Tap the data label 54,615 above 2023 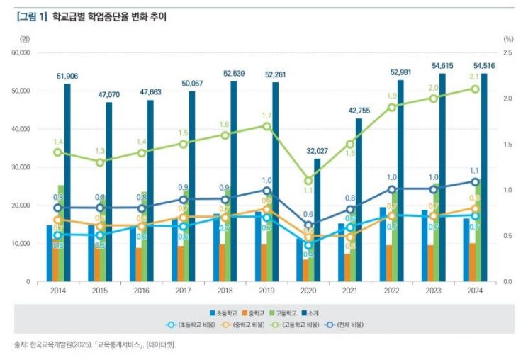(x=442, y=66)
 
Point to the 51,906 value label (x=67, y=76)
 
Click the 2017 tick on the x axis (x=183, y=290)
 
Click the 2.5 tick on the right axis (x=507, y=53)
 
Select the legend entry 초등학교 (x=225, y=313)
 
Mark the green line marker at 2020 (x=308, y=181)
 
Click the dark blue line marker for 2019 (x=266, y=190)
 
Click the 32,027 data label (x=318, y=150)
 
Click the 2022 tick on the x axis (x=391, y=290)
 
